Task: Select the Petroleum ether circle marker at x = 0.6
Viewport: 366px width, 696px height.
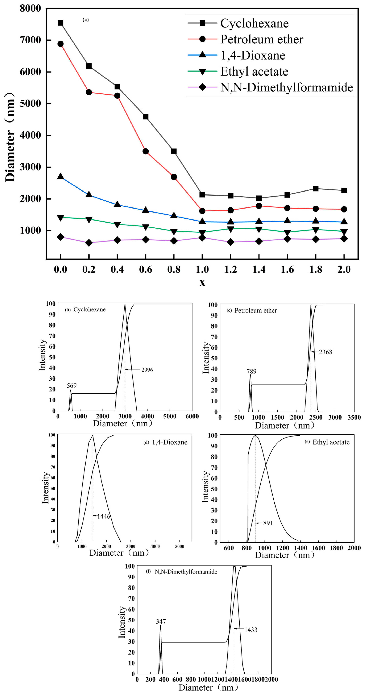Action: [x=145, y=151]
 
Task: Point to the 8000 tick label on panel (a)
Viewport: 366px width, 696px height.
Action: [x=30, y=8]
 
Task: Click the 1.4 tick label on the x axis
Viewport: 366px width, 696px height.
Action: [x=259, y=269]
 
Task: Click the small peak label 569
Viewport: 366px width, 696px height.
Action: [x=72, y=386]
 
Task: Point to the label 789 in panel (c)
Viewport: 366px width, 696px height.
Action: [x=251, y=371]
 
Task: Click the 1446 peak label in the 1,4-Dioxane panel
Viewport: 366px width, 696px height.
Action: [x=103, y=516]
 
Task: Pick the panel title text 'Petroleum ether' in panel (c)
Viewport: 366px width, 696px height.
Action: [x=255, y=310]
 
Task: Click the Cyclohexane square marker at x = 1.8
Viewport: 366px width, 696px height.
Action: [x=315, y=189]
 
